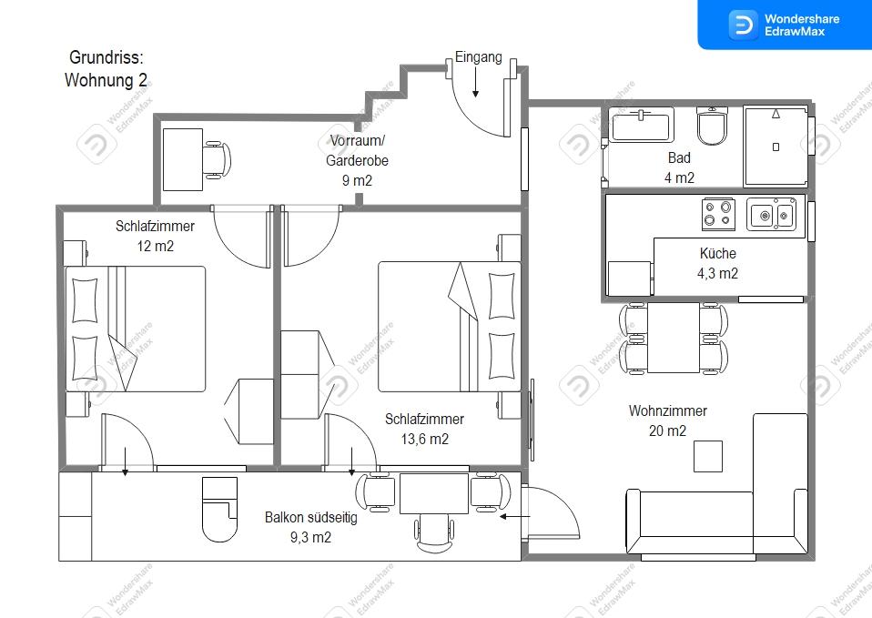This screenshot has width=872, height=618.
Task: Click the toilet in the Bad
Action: click(712, 127)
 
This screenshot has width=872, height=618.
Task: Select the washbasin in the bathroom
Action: click(641, 126)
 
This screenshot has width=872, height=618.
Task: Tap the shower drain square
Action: click(776, 147)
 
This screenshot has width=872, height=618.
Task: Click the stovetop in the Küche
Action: click(718, 214)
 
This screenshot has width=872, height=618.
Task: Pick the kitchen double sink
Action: click(771, 214)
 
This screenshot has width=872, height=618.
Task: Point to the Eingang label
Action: click(478, 56)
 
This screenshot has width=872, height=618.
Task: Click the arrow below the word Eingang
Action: click(475, 82)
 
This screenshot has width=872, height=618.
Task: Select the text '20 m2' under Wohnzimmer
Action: click(667, 431)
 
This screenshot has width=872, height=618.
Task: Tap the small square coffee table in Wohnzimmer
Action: click(708, 456)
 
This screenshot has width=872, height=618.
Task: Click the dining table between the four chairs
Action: click(674, 338)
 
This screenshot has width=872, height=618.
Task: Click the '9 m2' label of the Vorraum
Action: click(357, 180)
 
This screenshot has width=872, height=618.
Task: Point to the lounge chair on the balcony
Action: click(219, 509)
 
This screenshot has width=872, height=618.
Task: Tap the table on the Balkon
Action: click(434, 493)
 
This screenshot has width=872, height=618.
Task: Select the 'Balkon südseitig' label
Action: click(311, 517)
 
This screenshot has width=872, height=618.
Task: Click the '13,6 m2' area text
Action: click(425, 439)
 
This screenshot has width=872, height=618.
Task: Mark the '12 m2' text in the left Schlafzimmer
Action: click(155, 246)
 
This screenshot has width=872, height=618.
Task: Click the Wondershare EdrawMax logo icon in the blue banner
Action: click(744, 25)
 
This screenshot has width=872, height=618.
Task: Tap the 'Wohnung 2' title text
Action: click(106, 80)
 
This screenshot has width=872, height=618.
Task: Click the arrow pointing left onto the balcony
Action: click(515, 517)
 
